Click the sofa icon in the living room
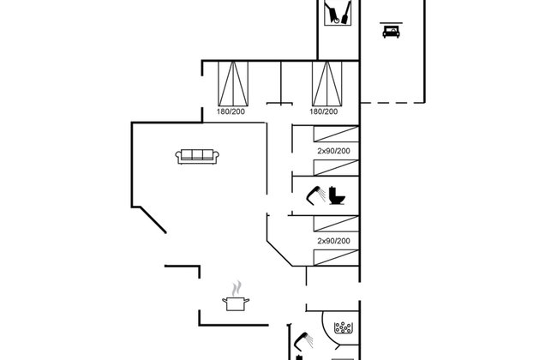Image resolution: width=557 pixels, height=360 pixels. coord(197,157)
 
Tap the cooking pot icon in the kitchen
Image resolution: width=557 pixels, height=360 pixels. coord(236,303)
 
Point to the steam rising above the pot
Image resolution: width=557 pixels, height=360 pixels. coord(237,289)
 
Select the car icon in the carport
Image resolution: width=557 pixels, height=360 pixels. coord(391,32)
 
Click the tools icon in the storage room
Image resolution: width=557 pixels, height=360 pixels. coord(338,13)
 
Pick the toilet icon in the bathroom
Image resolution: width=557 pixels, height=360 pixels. coord(337,195)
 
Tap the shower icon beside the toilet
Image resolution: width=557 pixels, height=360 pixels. coord(316,195)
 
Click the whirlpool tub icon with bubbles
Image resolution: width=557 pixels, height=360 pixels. coord(343,327)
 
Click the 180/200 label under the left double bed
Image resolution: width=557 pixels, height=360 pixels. coord(231,111)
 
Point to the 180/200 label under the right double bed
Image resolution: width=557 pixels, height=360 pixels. coord(324,111)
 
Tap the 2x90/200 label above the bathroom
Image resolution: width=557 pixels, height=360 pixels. coord(333,151)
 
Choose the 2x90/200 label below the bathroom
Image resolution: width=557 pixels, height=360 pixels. coord(333,241)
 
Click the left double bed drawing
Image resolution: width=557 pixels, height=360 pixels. coord(233,83)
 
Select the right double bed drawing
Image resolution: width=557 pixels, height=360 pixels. coord(326,83)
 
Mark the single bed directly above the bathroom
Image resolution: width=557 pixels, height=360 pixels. coord(336,168)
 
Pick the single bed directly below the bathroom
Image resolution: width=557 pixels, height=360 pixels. coord(336,224)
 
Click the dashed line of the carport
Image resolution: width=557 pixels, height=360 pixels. coord(392,103)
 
